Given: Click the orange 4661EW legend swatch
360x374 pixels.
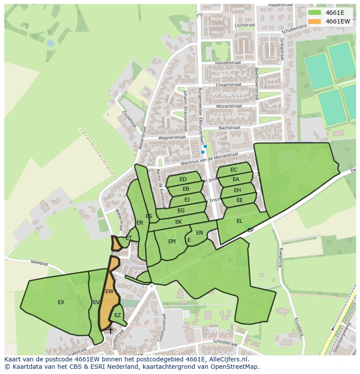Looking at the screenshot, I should tap(315, 21).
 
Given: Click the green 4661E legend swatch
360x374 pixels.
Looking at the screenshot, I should tap(315, 12).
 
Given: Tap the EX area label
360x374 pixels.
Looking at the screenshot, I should tap(61, 302).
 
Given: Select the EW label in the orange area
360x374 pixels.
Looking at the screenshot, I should tap(109, 291).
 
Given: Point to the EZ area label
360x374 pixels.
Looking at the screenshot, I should tap(117, 315).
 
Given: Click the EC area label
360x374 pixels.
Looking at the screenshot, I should tap(234, 170).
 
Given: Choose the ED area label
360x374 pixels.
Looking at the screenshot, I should tap(183, 179).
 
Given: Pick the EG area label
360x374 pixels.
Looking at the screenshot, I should tap(181, 211).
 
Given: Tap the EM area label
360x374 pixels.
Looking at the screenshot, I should tap(172, 242).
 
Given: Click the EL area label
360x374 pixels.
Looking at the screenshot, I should tap(240, 221).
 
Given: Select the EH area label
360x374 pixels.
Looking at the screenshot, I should tap(237, 190).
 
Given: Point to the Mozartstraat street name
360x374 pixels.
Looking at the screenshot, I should tap(229, 106).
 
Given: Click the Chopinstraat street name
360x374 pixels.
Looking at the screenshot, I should tap(228, 85).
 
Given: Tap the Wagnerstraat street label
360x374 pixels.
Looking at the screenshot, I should tap(172, 137).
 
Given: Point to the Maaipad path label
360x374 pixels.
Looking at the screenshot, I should tap(39, 262).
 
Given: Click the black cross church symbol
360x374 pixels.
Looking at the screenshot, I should tap(110, 331).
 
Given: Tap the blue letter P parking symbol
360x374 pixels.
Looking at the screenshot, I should tap(230, 261).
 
